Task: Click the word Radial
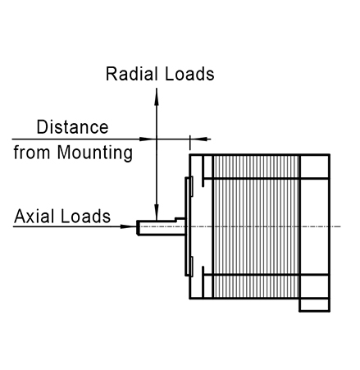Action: pos(132,74)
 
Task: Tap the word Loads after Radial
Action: pos(189,74)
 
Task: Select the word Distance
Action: pos(72,127)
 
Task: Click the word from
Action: pos(32,152)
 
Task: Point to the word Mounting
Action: pos(95,153)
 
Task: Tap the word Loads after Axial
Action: pos(85,216)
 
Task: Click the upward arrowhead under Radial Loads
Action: pos(157,97)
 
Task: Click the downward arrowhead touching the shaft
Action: pos(157,212)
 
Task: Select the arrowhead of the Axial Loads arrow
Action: pos(129,226)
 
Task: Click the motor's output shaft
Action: pos(161,226)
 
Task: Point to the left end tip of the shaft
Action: pos(137,226)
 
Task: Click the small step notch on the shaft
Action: pos(175,219)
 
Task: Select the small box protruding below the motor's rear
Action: pos(315,305)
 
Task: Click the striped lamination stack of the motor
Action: pos(256,226)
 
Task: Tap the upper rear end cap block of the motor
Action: pos(315,167)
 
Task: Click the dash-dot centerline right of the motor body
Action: pos(335,226)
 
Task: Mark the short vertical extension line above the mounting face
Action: pos(190,142)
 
